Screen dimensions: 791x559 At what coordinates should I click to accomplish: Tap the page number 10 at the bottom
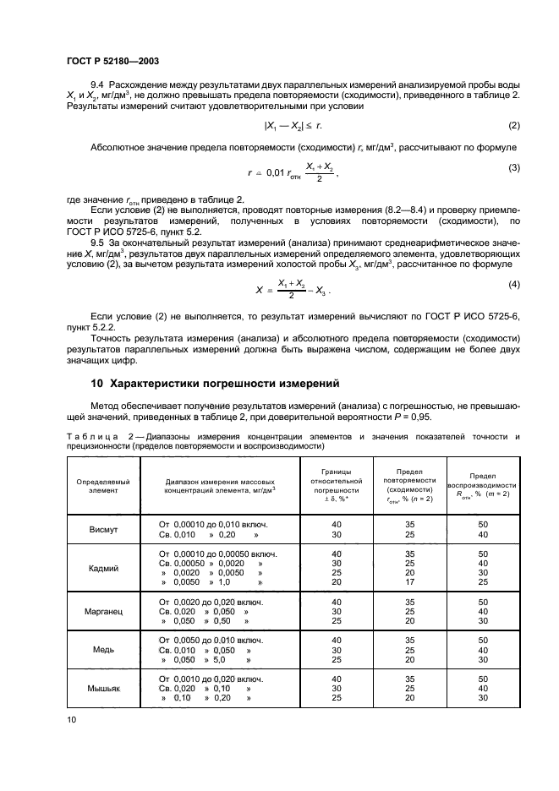[x=71, y=719]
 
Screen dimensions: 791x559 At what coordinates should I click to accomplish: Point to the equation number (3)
[x=513, y=167]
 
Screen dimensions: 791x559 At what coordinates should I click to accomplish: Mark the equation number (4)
[x=513, y=282]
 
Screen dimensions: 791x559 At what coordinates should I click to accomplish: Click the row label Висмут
[x=103, y=530]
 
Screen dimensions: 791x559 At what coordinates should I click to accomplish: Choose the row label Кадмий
[x=103, y=568]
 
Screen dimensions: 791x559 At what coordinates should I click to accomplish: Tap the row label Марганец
[x=103, y=612]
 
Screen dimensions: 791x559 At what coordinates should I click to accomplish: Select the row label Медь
[x=103, y=650]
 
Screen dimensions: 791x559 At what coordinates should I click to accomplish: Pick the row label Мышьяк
[x=103, y=689]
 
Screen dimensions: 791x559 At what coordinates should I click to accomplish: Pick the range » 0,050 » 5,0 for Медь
[x=208, y=659]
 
